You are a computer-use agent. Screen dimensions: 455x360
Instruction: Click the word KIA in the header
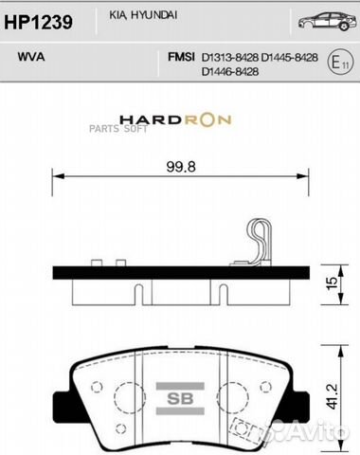pyautogui.click(x=131, y=16)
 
